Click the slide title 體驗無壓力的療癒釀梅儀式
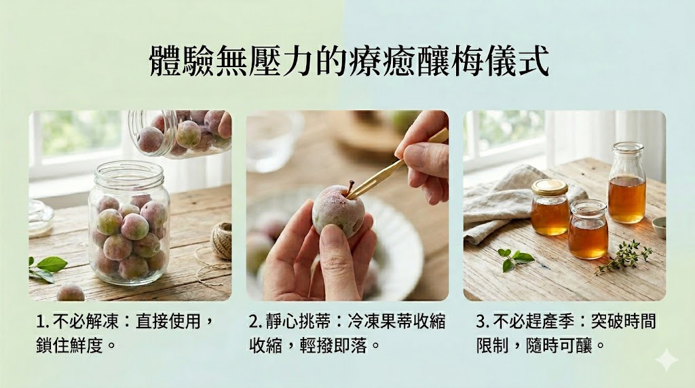click(x=350, y=60)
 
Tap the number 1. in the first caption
click(x=42, y=322)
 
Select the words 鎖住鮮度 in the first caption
click(x=70, y=345)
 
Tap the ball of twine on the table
click(x=221, y=240)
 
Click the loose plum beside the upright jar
click(x=71, y=293)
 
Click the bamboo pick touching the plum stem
click(x=396, y=164)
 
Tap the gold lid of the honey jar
click(x=550, y=187)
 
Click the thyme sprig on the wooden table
click(x=624, y=256)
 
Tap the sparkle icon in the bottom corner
click(x=667, y=360)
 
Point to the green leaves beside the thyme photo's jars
click(x=514, y=259)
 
